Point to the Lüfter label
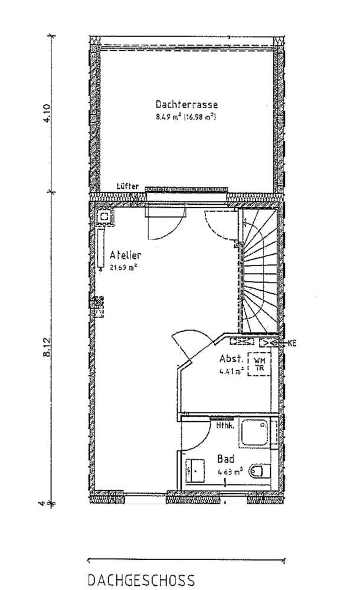tap(128, 186)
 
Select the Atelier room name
tap(125, 255)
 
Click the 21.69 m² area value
tap(124, 267)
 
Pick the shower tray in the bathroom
tap(254, 434)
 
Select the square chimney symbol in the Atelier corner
tap(107, 217)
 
